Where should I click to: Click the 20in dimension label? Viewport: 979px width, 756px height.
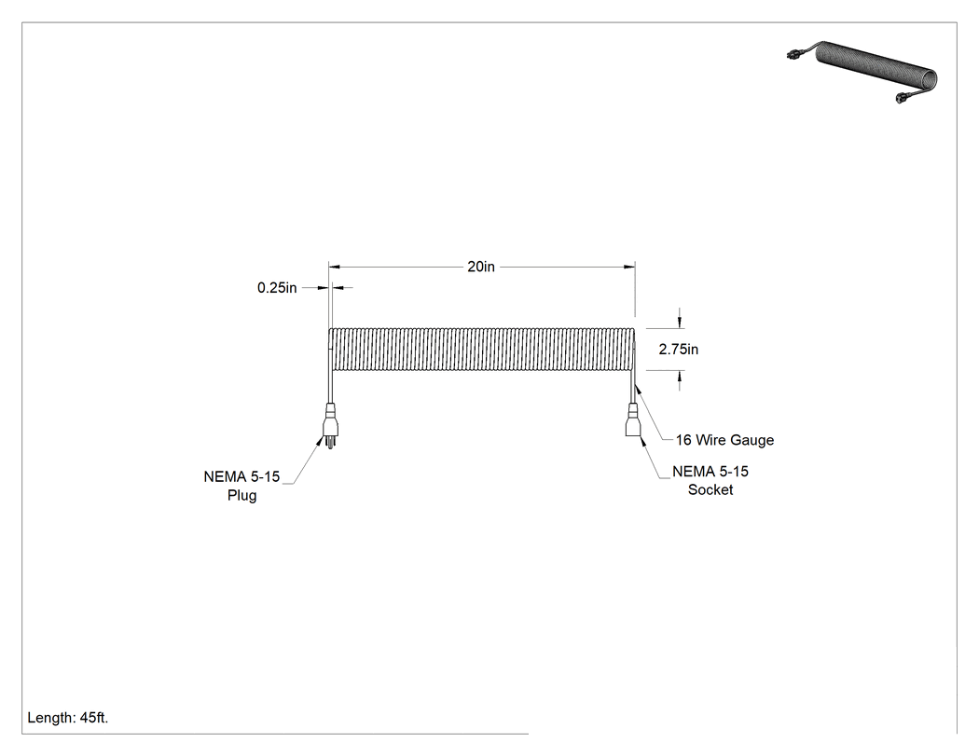tap(481, 267)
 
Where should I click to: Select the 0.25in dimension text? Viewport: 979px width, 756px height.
tap(277, 288)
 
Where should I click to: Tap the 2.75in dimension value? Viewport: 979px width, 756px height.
tap(679, 349)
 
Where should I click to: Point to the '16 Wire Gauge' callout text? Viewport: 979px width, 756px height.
tap(724, 440)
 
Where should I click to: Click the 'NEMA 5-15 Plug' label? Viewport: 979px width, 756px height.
tap(241, 486)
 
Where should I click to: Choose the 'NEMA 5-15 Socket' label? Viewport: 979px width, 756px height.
tap(710, 481)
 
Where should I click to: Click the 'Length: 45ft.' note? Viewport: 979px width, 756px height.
tap(68, 718)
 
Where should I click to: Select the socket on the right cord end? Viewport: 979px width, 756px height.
tap(633, 420)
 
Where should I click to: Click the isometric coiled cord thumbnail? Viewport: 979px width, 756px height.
tap(862, 72)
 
